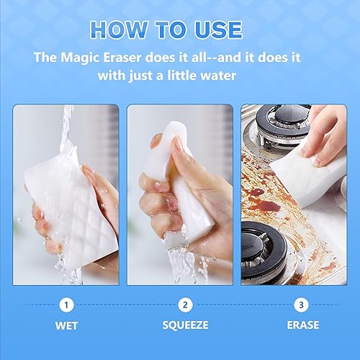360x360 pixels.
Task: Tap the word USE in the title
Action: (214, 30)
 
